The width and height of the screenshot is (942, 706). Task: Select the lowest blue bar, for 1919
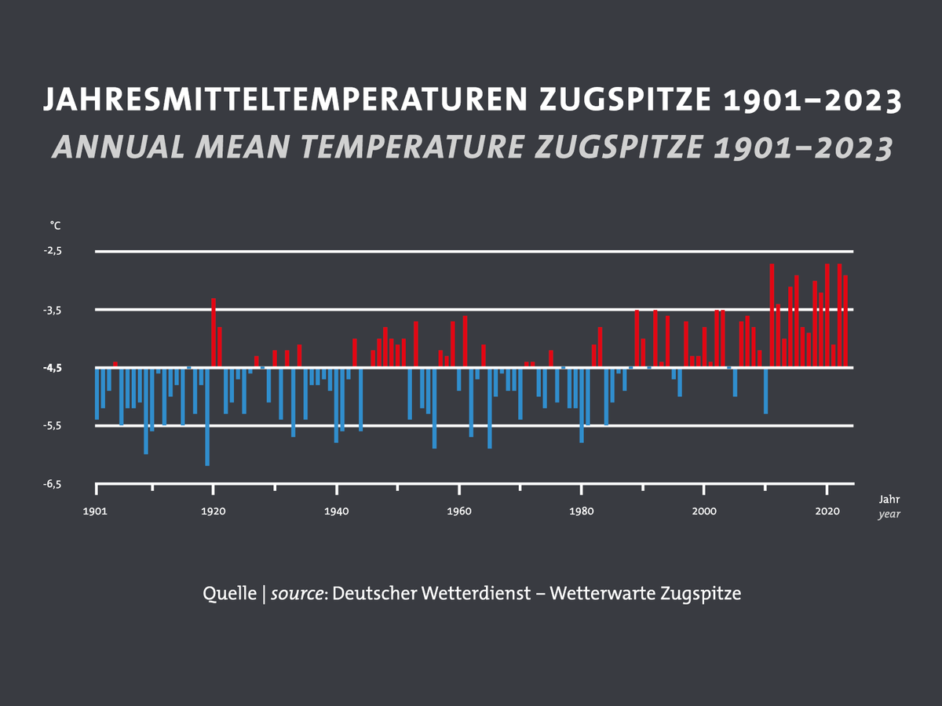click(207, 417)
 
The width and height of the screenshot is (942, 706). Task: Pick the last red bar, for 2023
click(845, 321)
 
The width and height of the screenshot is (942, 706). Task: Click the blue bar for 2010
click(765, 391)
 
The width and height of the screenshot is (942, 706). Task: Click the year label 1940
click(336, 511)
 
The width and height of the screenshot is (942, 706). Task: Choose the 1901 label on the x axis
click(96, 511)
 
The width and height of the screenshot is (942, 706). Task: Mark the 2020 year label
click(827, 511)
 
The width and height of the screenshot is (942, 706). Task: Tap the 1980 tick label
click(581, 511)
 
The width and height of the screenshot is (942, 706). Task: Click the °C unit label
click(55, 226)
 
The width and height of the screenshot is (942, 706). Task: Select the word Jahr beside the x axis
click(889, 499)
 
